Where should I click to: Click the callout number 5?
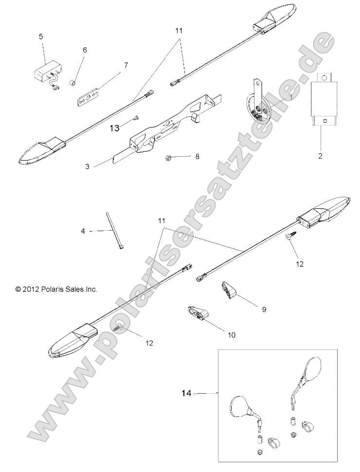coord(41,37)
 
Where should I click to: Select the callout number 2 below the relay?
coord(320,157)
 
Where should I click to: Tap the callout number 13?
coord(114,128)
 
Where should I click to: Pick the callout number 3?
coord(88,166)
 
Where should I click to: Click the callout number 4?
coord(83,231)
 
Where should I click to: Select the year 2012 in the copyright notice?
coord(30,289)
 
